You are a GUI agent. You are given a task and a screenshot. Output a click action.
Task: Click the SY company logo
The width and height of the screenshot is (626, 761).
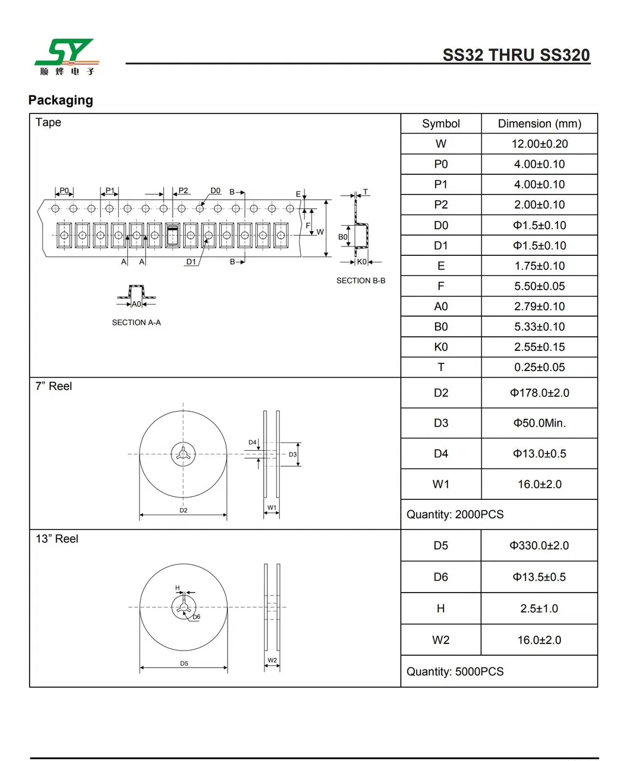coord(66,57)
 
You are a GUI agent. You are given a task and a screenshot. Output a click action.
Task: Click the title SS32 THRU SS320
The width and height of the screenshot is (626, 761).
coord(516,55)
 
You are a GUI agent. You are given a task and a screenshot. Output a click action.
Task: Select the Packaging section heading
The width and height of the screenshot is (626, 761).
coord(61,100)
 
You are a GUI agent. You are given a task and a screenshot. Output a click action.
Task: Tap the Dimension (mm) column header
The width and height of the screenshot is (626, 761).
coord(539,123)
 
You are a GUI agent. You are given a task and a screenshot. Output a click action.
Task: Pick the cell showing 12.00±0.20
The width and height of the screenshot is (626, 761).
coord(539,144)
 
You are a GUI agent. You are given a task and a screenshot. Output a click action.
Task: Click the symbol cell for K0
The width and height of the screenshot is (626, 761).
coord(441,347)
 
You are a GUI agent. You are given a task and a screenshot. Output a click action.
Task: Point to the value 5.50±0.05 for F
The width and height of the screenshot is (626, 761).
coord(539,287)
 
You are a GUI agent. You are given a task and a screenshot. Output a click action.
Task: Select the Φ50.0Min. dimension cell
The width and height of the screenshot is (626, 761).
coord(539,423)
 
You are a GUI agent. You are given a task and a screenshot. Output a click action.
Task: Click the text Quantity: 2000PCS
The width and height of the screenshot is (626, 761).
coord(455,515)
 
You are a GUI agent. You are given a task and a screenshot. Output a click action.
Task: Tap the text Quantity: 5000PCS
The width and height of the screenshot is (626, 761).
coord(455,672)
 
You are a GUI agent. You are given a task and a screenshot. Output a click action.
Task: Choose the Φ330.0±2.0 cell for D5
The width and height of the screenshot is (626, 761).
coord(539,546)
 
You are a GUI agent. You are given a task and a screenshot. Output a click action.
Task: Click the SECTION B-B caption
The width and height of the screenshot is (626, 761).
coord(361,281)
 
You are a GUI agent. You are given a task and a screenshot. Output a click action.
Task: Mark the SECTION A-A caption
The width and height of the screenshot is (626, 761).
coord(136,323)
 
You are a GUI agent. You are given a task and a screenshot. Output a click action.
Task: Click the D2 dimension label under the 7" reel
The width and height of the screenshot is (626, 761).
coord(183,510)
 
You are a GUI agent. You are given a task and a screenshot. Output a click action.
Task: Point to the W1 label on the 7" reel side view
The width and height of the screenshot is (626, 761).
coord(272,508)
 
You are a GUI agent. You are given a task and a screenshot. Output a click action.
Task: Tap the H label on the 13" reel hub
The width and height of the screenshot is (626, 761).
coord(177,588)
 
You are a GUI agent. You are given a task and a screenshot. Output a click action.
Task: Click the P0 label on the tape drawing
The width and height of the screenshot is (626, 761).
coord(64,190)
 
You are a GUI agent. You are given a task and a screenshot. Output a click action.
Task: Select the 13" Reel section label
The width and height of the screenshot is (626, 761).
coord(57,539)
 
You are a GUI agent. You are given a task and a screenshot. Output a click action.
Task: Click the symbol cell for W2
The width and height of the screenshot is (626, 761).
coord(441,640)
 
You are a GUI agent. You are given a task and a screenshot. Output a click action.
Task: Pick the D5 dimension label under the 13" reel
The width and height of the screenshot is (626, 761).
coord(184,664)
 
